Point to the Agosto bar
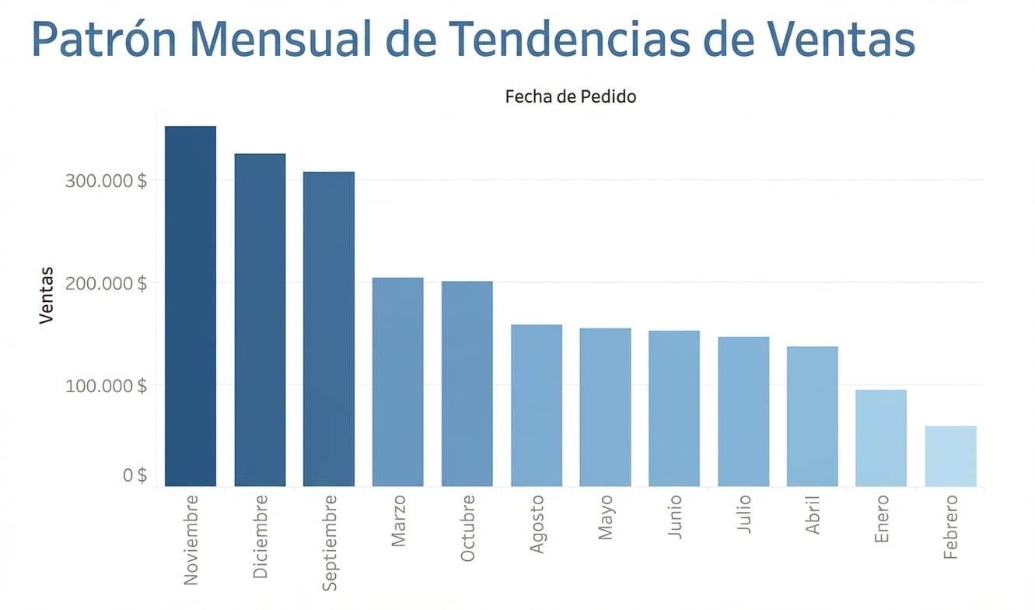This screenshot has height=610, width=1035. point(536,405)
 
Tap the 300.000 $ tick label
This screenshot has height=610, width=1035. point(106,181)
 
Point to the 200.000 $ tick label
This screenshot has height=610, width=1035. point(106,283)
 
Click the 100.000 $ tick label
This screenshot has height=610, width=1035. point(106,386)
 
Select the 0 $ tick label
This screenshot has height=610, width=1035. point(135,475)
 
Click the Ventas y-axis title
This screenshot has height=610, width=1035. point(47,295)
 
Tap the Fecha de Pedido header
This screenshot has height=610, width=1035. point(570,97)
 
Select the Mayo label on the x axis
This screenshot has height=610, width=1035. point(606,517)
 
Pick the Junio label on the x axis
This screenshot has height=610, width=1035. point(675,517)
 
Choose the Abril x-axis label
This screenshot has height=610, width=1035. point(813,514)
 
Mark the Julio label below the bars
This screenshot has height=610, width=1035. point(743,514)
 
